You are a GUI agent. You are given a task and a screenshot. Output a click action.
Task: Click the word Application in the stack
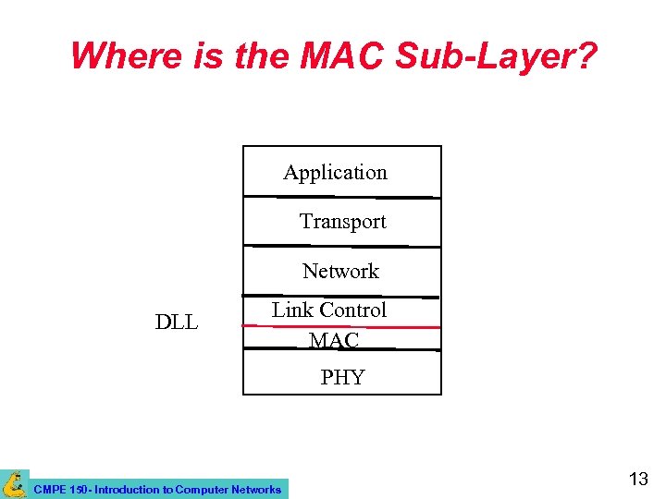click(x=335, y=173)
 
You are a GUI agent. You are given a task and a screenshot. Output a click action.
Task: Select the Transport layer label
click(x=342, y=222)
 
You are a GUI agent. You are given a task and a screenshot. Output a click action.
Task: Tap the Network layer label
click(x=340, y=272)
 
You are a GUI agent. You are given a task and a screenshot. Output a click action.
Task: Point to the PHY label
click(x=342, y=377)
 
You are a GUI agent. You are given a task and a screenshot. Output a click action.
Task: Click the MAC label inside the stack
click(x=334, y=341)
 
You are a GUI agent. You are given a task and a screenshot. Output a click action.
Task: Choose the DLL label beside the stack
click(x=177, y=323)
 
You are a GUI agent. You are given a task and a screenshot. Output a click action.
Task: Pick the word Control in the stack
click(x=352, y=310)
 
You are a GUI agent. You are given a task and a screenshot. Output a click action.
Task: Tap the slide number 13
click(x=638, y=479)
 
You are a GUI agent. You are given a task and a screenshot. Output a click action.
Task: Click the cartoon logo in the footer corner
click(x=14, y=483)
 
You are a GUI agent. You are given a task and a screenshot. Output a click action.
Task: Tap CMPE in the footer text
click(x=47, y=490)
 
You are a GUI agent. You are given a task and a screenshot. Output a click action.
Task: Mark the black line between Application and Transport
click(x=341, y=197)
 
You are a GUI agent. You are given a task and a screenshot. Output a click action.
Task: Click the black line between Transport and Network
click(x=341, y=246)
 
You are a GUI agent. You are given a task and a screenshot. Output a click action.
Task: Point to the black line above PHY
click(x=341, y=349)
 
